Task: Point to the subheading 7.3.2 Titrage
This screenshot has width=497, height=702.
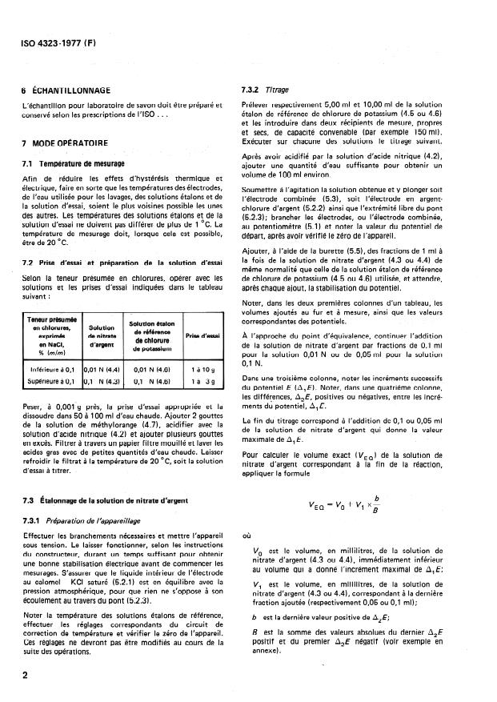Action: coord(265,90)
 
